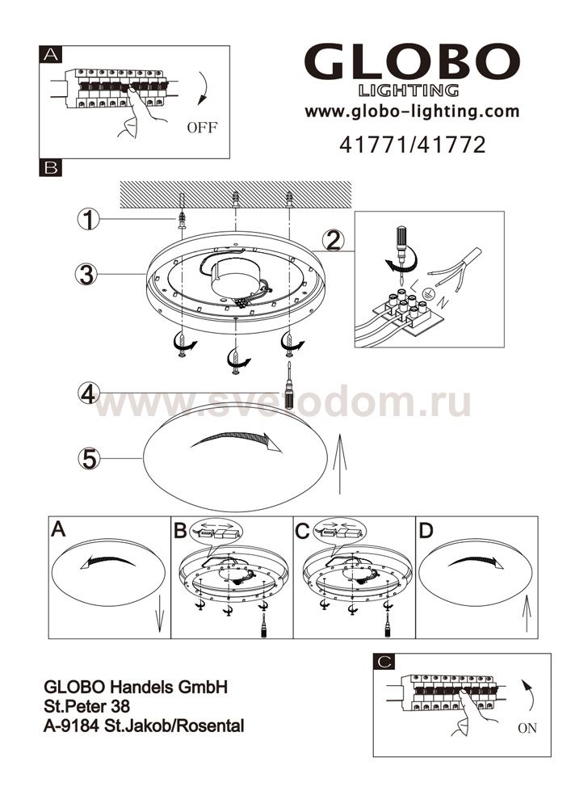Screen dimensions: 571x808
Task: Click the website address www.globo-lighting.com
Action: click(412, 112)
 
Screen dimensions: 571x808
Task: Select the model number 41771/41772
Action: click(412, 145)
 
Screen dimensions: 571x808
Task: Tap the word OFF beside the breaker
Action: click(203, 128)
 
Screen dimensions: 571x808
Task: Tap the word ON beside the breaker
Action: click(527, 728)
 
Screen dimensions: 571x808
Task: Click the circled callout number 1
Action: click(89, 220)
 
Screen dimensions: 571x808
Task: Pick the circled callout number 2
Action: click(334, 240)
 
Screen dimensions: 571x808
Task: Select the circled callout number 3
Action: click(86, 274)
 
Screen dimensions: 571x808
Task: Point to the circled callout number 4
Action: click(89, 394)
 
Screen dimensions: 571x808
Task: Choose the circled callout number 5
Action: click(89, 458)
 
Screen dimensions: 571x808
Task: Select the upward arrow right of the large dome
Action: click(339, 464)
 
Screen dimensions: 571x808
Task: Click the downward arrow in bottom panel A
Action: click(160, 614)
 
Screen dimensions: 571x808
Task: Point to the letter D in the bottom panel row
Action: click(426, 530)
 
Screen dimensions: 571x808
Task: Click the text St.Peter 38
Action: click(87, 706)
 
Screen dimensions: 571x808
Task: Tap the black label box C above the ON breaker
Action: click(384, 663)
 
